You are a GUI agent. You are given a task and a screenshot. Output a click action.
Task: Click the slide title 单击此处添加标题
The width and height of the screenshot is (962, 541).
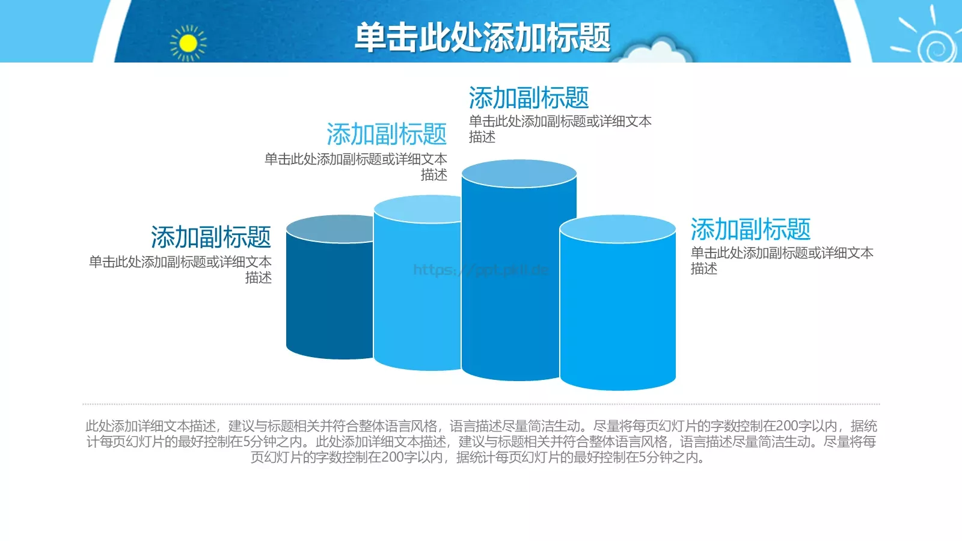point(482,37)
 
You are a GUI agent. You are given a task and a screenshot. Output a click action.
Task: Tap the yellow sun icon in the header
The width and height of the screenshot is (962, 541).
point(188,43)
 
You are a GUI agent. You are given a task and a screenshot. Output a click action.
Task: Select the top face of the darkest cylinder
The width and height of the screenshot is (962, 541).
point(328,228)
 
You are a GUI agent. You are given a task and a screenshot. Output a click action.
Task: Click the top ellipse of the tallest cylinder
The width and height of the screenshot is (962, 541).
point(519,174)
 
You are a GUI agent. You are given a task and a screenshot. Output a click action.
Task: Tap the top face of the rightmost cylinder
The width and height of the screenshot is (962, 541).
point(617,229)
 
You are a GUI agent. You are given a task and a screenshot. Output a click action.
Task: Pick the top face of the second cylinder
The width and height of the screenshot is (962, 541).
point(417,209)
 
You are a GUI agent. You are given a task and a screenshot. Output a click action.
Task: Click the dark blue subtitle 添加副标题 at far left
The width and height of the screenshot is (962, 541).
point(211,237)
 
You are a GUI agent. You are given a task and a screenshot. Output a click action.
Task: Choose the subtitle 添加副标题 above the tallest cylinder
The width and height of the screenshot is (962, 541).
point(528,98)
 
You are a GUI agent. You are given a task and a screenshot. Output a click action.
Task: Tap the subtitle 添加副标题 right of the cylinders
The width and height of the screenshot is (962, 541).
point(750,230)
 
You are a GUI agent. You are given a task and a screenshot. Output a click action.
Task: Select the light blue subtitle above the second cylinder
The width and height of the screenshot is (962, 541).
point(387,134)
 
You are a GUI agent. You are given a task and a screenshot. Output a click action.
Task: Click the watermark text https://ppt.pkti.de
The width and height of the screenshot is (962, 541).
point(480,270)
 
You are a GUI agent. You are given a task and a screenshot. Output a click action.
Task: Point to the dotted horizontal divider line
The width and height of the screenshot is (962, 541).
point(481,404)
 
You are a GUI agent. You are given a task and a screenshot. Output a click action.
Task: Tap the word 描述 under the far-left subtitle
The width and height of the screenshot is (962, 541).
point(259,278)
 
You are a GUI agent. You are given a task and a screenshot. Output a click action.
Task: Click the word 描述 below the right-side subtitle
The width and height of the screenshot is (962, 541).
point(704,269)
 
